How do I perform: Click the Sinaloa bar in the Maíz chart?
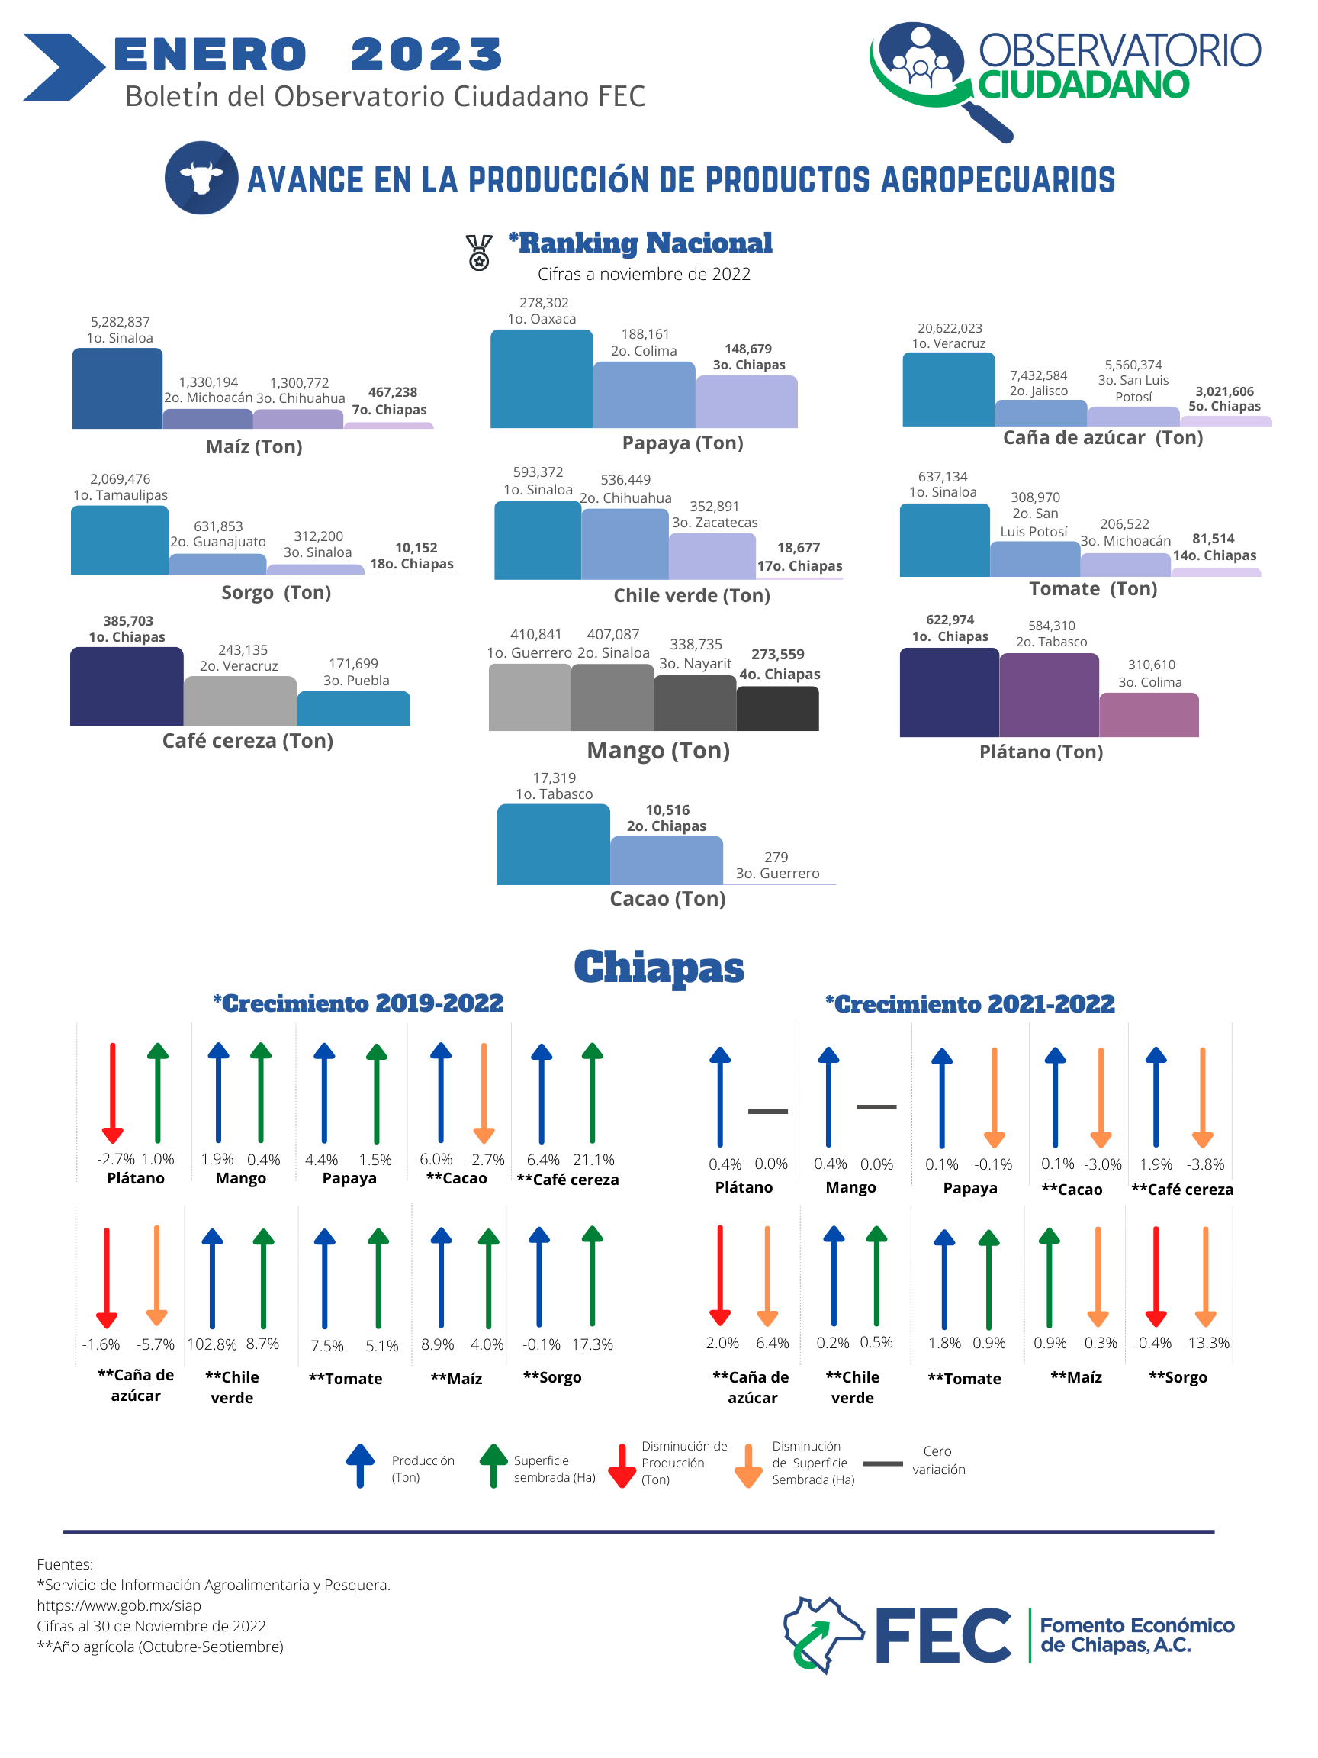coord(117,388)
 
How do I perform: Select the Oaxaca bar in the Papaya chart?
coord(541,379)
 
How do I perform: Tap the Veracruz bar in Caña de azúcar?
coord(949,389)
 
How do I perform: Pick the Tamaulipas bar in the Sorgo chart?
coord(119,540)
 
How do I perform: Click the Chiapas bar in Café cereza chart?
coord(127,687)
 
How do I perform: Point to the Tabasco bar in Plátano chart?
coord(1049,695)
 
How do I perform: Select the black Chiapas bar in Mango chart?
coord(778,709)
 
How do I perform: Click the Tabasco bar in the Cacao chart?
coord(554,845)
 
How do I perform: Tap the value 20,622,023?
coord(950,328)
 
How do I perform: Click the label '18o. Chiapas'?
coord(412,563)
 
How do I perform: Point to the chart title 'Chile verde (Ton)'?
coord(692,596)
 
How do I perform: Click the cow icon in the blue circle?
coord(201,178)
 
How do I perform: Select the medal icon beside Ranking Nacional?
coord(479,253)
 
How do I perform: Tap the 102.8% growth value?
coord(212,1344)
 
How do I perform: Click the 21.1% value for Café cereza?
coord(593,1161)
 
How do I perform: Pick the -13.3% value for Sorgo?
coord(1206,1343)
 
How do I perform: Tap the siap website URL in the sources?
coord(119,1605)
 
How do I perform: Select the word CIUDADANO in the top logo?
coord(1084,85)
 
